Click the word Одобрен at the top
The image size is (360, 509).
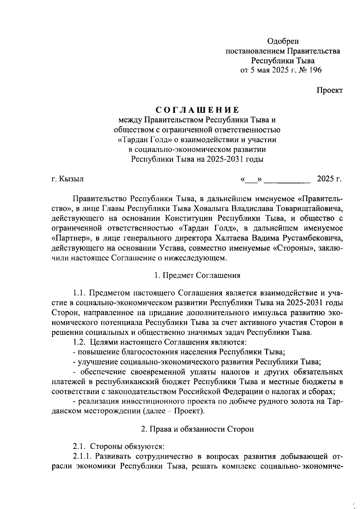click(283, 41)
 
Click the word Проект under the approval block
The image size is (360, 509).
click(330, 90)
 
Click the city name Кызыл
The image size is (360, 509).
click(71, 179)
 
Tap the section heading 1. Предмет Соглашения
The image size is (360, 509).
click(197, 275)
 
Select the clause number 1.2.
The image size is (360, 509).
click(79, 342)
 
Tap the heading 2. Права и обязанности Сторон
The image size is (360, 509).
click(197, 429)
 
